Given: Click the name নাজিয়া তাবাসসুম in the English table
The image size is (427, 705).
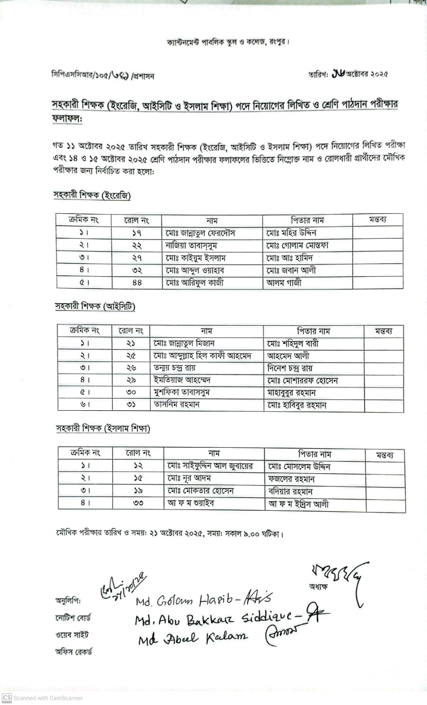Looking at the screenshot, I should tap(191, 245).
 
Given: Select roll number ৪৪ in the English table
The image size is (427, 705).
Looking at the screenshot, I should tap(137, 282).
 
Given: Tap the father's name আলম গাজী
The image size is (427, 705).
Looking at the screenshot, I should tap(284, 282).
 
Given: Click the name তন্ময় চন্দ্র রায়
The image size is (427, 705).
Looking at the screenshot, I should tap(175, 367).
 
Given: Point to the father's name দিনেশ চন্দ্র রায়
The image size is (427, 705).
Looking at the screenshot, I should tap(290, 367).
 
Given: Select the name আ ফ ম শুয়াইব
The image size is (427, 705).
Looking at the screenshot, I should tap(190, 503).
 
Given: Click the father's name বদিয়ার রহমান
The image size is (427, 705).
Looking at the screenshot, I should tap(290, 491).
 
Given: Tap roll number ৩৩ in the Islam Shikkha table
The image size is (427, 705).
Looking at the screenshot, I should tap(138, 503).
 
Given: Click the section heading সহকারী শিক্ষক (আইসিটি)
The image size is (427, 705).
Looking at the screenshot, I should tap(95, 306).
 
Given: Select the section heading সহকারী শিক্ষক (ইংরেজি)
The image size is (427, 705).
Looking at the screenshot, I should tap(92, 195).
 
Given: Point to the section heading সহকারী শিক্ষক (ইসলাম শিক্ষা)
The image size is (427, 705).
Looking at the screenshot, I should tap(103, 428).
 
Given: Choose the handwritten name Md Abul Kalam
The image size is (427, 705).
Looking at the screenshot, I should tap(193, 638).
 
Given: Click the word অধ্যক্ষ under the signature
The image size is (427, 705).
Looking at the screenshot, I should tap(318, 587).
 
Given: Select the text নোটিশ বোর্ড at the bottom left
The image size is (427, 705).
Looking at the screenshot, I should tap(73, 618).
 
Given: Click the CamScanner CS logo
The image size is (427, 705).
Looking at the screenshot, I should tap(7, 698).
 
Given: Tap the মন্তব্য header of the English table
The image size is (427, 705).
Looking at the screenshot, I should tap(377, 220).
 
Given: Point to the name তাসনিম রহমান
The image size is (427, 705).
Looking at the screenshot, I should tap(176, 404).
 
